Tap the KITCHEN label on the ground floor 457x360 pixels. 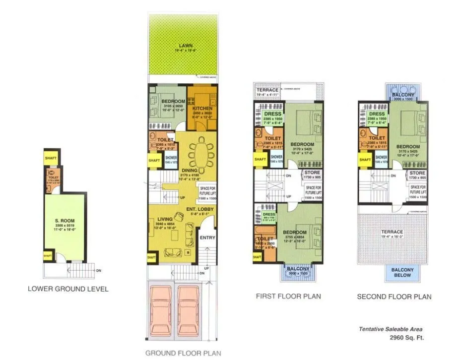[202, 108]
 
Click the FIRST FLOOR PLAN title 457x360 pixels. [288, 297]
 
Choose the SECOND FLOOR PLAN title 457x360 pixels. [394, 297]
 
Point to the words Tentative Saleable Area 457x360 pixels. [392, 329]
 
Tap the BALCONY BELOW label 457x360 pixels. [402, 272]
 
